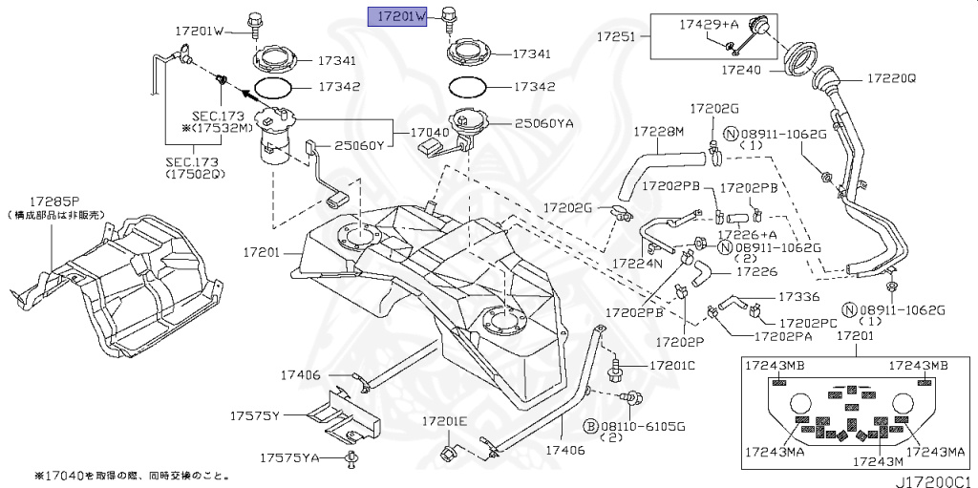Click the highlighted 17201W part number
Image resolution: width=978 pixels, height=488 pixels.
[x=400, y=16]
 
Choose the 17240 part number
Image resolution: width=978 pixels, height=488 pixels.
[x=743, y=70]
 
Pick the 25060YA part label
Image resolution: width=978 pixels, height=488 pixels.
[x=545, y=123]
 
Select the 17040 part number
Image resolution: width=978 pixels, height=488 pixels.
[x=430, y=133]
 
